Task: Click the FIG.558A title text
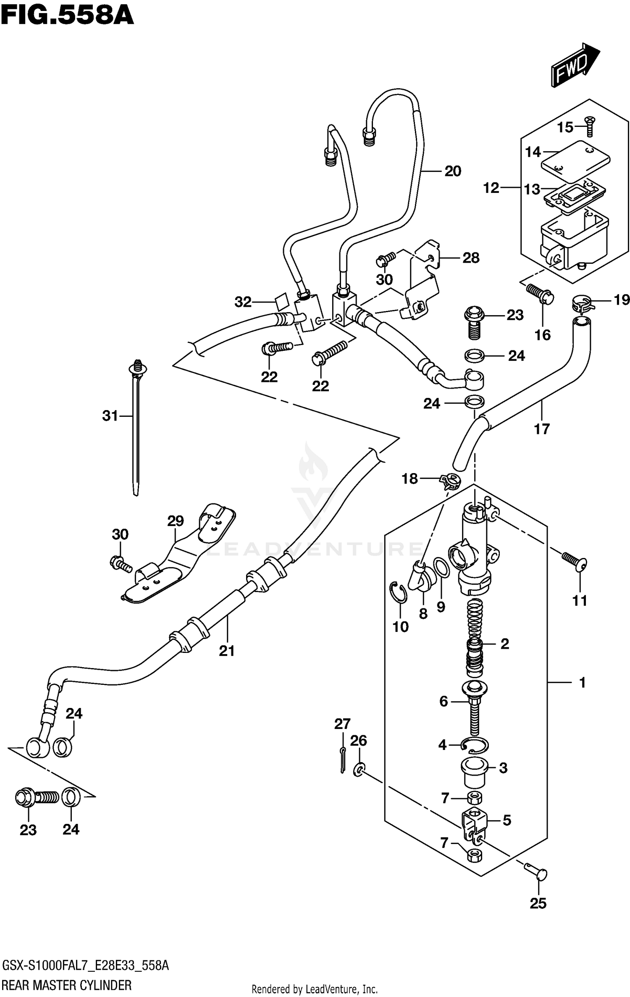tap(67, 17)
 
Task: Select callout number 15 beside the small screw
tap(565, 127)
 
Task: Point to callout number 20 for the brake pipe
tap(453, 171)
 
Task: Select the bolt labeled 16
tap(541, 295)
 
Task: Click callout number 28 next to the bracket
tap(470, 258)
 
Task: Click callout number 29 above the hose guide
tap(175, 521)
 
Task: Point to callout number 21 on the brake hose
tap(227, 651)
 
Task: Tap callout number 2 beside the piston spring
tap(504, 644)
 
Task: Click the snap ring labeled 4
tap(474, 745)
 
